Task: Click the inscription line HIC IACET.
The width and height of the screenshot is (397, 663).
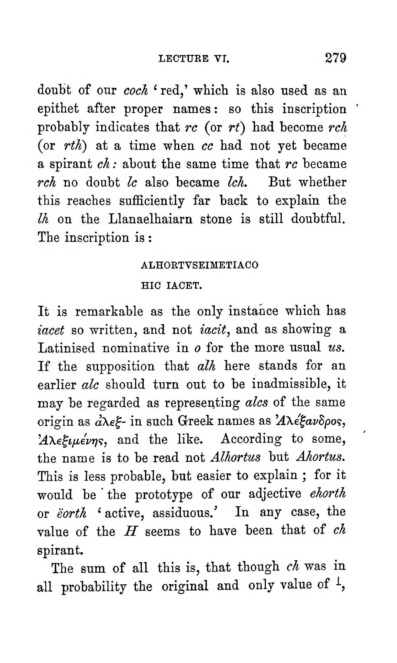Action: [171, 286]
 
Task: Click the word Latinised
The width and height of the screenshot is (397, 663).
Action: [66, 348]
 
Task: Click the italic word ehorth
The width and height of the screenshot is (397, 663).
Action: [327, 494]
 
